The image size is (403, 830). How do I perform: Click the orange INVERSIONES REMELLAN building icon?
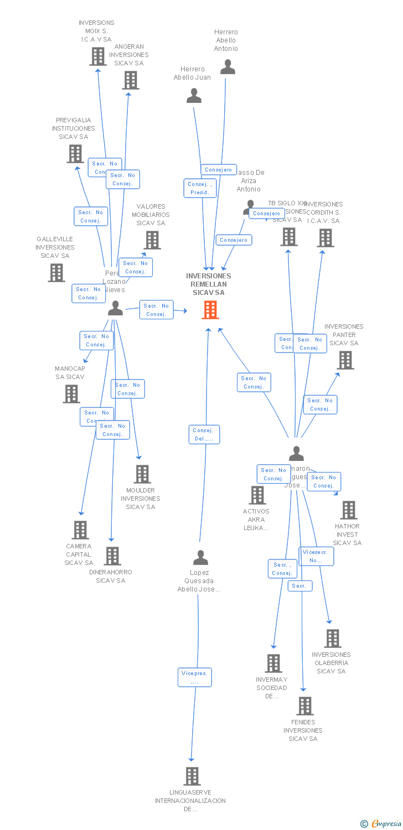210,310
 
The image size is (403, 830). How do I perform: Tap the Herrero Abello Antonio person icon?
228,67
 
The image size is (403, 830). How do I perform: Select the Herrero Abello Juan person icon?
194,96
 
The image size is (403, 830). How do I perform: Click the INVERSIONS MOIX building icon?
98,56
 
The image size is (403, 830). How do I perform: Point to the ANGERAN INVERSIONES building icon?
131,80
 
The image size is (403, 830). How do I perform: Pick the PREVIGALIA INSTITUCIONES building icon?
75,154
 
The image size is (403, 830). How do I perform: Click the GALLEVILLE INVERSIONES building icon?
56,273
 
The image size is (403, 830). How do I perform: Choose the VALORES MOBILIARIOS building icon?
152,240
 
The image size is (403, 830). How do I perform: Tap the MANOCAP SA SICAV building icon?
71,394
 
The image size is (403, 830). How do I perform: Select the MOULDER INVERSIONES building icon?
142,474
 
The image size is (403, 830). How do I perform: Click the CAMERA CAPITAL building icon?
80,530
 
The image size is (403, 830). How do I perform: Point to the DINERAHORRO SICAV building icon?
112,556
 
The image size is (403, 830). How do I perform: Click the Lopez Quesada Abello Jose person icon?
200,557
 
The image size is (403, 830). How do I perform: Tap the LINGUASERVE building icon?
192,776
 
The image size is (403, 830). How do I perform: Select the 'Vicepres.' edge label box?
195,677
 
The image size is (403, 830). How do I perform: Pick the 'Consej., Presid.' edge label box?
200,188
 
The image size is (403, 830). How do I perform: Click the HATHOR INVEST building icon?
349,510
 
